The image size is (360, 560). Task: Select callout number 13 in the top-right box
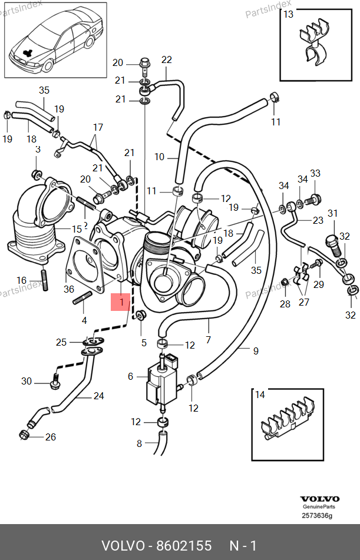coord(289,15)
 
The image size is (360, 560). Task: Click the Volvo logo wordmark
coord(320,499)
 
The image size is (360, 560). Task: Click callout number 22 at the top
coord(166,59)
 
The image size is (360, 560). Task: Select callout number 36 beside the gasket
coord(69,289)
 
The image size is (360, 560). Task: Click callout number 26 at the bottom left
coord(51,436)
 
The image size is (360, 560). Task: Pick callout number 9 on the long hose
coord(256,352)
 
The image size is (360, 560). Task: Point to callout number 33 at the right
coord(315,173)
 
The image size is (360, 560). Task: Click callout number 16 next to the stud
coord(21,280)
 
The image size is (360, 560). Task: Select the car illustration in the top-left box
coord(56,41)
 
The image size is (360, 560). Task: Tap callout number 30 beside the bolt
coord(27,382)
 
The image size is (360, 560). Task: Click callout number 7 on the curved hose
coord(208,340)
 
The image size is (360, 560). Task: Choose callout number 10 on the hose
coord(160,157)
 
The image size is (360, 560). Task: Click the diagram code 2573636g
coord(318,516)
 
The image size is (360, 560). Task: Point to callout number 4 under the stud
coord(84,321)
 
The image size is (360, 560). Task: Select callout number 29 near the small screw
coord(319,284)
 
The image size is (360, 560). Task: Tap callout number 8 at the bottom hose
coord(139,443)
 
